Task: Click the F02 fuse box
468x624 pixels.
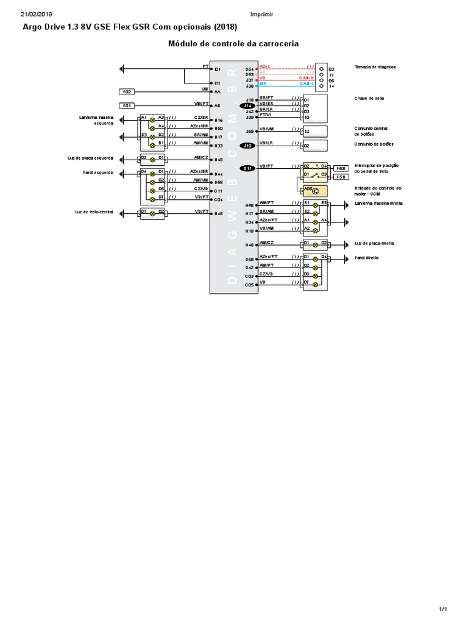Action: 127,92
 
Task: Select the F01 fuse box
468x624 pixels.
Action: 127,105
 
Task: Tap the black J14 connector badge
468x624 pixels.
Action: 248,105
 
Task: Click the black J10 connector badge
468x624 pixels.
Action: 248,146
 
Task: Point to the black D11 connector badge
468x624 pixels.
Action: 248,168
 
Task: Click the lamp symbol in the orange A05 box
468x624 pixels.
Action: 316,191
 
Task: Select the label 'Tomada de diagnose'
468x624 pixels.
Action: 375,66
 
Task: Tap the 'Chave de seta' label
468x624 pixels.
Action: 367,98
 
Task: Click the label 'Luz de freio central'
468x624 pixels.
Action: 95,211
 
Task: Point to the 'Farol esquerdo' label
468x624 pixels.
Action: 99,172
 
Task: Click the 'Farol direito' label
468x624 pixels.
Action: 367,258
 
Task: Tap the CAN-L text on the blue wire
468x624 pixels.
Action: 307,85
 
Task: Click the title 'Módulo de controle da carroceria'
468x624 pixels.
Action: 233,44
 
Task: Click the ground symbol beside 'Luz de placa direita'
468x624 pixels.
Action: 345,244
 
